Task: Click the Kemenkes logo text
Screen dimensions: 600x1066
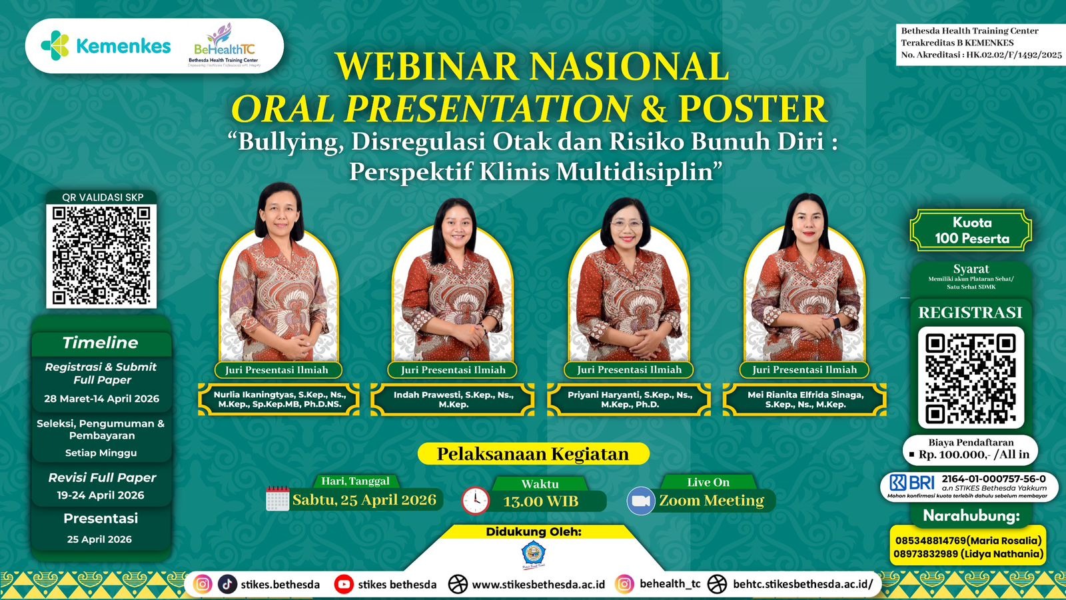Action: pyautogui.click(x=123, y=46)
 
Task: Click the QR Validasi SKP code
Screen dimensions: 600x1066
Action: pyautogui.click(x=101, y=255)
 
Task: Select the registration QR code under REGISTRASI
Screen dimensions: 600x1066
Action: pyautogui.click(x=971, y=377)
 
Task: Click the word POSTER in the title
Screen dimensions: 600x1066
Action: pyautogui.click(x=752, y=109)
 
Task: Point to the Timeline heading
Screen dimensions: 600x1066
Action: pyautogui.click(x=101, y=343)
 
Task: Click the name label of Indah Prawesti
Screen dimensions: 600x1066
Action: pyautogui.click(x=453, y=399)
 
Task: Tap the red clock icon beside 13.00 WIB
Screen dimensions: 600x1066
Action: pyautogui.click(x=476, y=501)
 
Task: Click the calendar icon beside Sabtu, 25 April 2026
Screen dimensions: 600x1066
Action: pyautogui.click(x=277, y=499)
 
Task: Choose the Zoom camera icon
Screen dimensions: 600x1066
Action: pyautogui.click(x=641, y=501)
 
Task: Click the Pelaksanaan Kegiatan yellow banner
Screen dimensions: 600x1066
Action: pyautogui.click(x=533, y=454)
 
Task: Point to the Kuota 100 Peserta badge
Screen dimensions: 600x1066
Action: pyautogui.click(x=971, y=231)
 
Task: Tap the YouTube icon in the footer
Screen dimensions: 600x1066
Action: pyautogui.click(x=344, y=584)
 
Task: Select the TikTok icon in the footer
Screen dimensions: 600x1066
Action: pyautogui.click(x=227, y=584)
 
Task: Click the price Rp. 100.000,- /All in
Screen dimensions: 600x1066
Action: pyautogui.click(x=973, y=454)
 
